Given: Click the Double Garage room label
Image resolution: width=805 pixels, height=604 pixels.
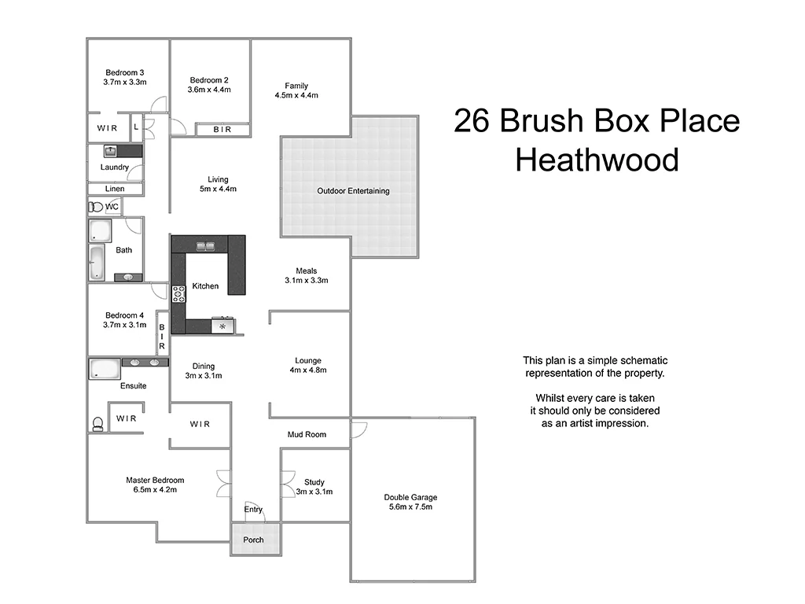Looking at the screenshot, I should [x=410, y=497].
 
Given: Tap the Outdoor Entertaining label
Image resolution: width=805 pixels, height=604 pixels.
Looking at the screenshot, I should [x=353, y=191].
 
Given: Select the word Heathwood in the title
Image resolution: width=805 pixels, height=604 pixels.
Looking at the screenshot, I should [x=597, y=160].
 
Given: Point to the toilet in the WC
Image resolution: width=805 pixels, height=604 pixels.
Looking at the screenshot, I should [x=96, y=207].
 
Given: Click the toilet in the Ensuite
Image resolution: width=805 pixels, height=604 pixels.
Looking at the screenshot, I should [x=97, y=424].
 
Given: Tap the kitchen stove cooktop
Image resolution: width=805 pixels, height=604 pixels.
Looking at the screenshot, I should [x=178, y=295].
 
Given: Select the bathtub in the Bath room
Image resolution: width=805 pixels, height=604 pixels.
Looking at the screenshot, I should [x=96, y=263].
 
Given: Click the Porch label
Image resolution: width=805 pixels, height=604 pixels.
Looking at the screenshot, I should [x=253, y=540].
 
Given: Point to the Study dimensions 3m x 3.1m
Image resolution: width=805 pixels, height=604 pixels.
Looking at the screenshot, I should [x=314, y=492].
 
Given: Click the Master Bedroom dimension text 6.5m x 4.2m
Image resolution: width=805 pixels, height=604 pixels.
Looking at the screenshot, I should [x=155, y=490].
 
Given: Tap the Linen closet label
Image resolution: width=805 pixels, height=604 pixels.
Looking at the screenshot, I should [x=115, y=189].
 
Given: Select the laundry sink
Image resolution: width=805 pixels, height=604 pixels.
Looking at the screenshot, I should [x=110, y=150].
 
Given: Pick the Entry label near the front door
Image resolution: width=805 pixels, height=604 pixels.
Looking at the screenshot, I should [x=253, y=510].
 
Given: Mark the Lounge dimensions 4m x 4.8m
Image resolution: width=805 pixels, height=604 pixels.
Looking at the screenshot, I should [x=308, y=370].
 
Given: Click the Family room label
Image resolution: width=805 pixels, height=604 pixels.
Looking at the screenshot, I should [x=296, y=86].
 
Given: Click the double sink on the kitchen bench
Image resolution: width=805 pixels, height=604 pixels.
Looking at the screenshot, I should [x=207, y=245].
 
